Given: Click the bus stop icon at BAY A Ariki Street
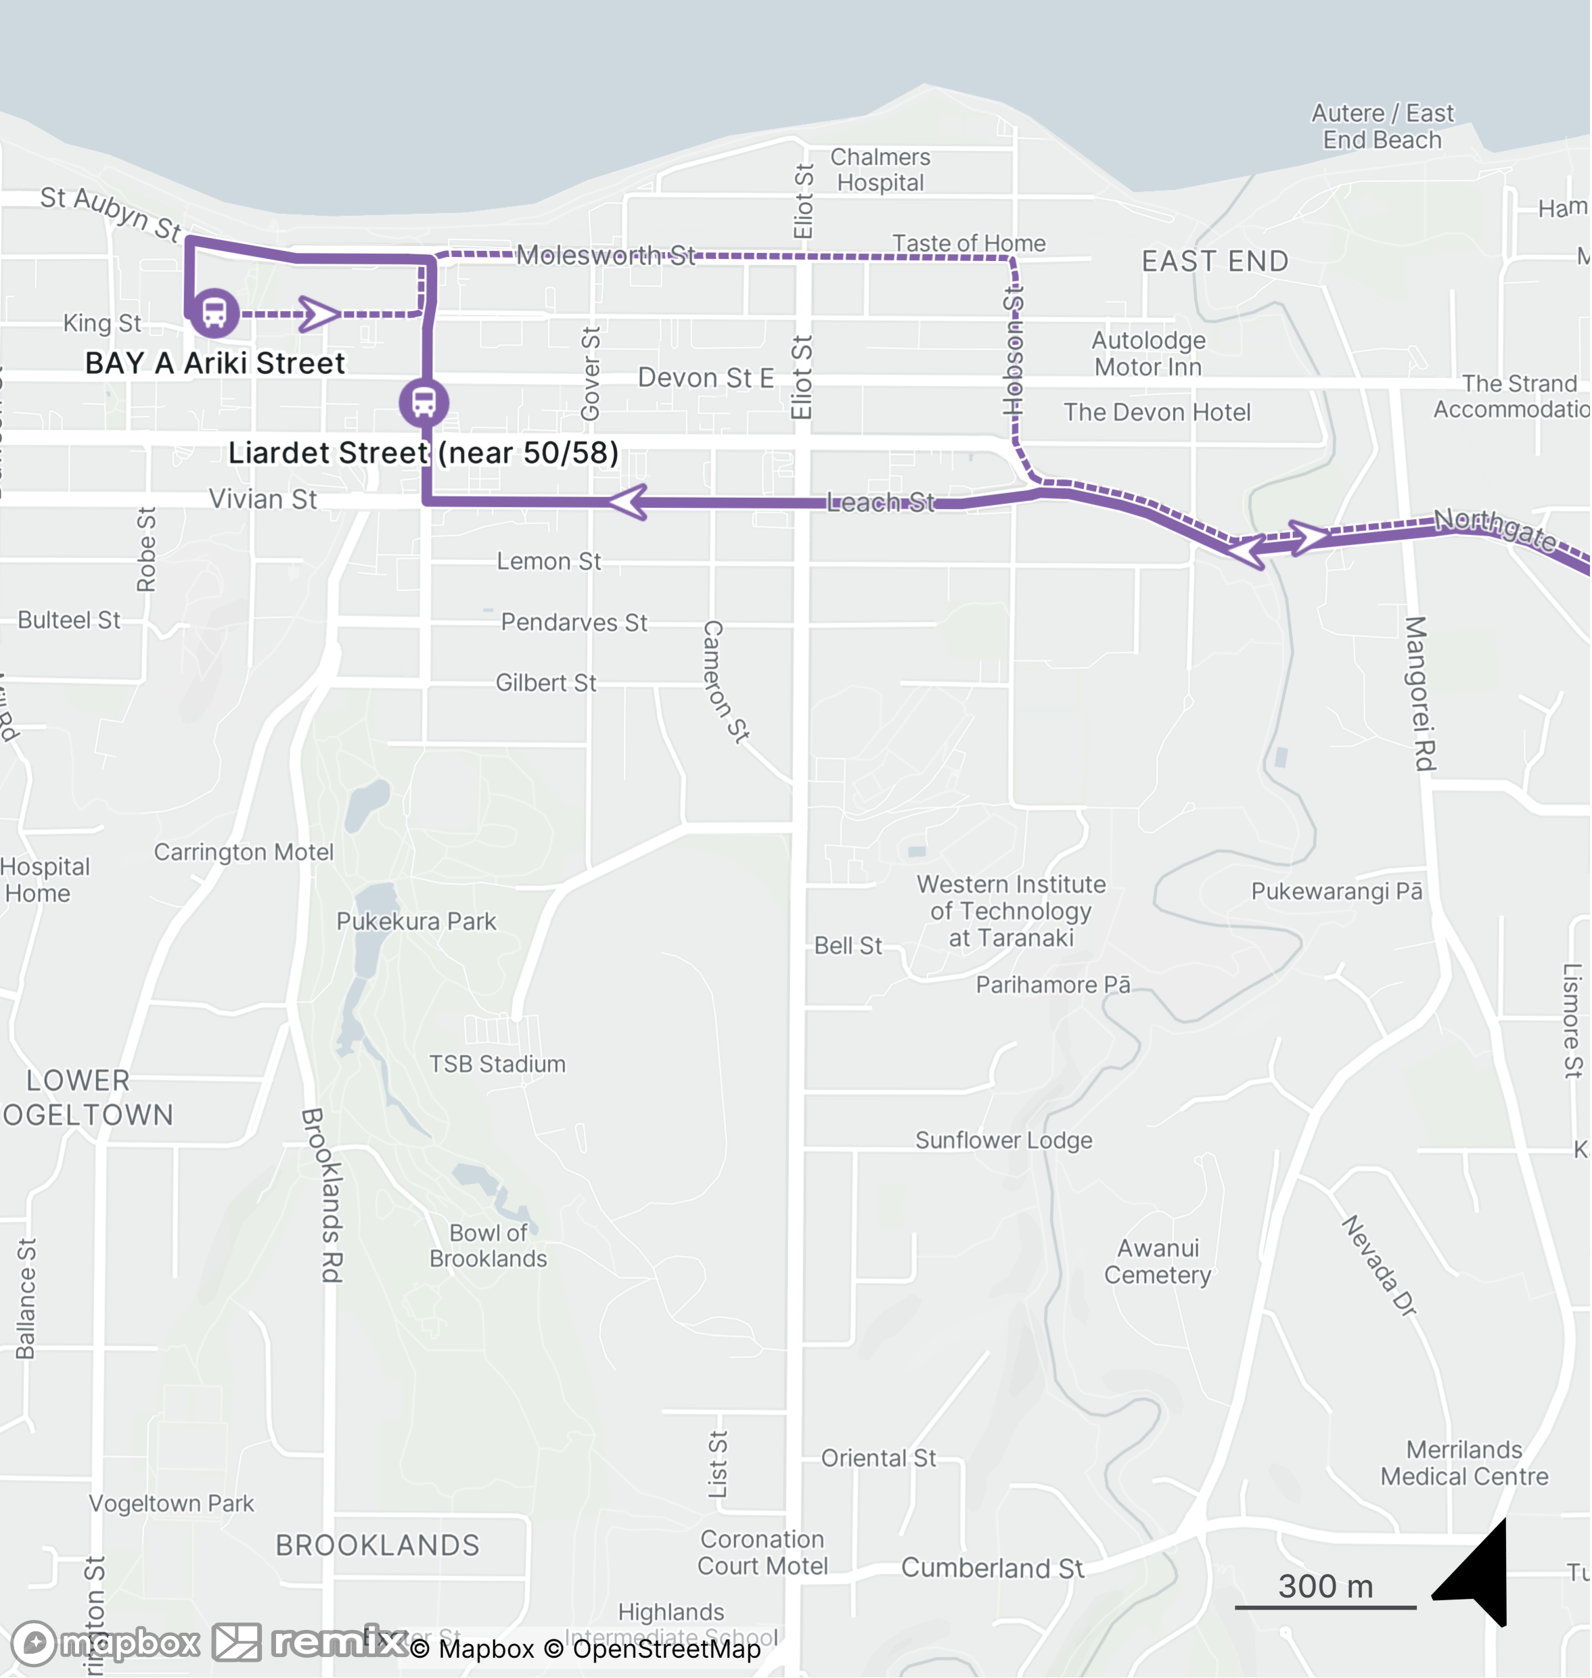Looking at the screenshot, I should click(x=214, y=313).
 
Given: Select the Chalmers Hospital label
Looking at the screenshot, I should click(x=880, y=170).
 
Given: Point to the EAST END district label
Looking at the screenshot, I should click(x=1214, y=261).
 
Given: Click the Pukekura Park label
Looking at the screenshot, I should click(x=416, y=921).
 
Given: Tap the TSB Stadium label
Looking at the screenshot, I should click(x=497, y=1064).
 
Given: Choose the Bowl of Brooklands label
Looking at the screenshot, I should click(x=488, y=1245).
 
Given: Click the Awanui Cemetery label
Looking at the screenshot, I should click(x=1158, y=1261).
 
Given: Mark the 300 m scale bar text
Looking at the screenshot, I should click(x=1325, y=1587).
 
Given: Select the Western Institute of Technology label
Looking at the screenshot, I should click(x=1011, y=911).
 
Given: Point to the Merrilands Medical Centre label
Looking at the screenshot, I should click(x=1464, y=1464).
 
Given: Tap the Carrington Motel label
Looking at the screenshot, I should click(x=244, y=852).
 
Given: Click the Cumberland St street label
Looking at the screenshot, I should click(x=992, y=1568).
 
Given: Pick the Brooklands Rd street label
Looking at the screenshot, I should click(x=323, y=1194).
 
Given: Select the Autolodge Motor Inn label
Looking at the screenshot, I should click(x=1148, y=354).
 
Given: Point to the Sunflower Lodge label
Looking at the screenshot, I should click(x=1003, y=1140).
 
